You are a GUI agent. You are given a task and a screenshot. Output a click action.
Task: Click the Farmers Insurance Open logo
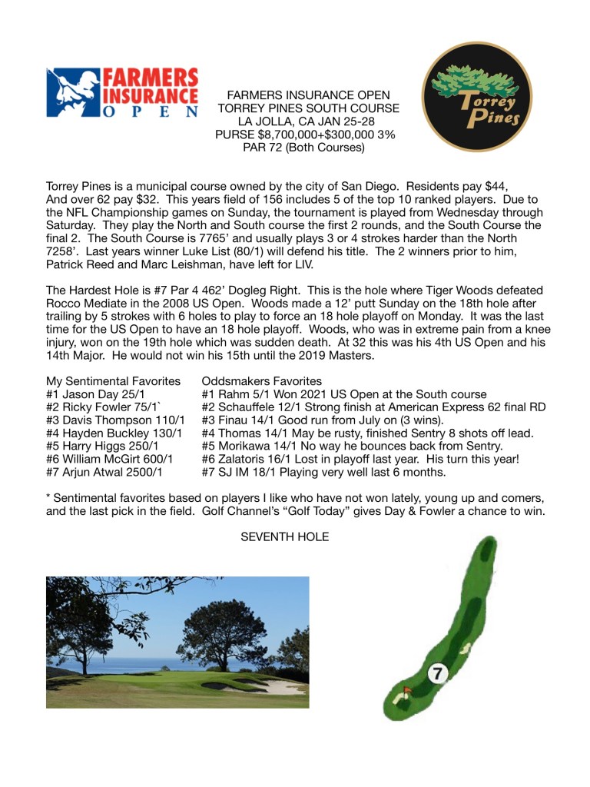tap(122, 91)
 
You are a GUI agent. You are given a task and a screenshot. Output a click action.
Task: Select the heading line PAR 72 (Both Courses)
tap(307, 148)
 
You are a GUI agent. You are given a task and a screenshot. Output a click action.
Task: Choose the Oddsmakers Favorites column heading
tap(261, 382)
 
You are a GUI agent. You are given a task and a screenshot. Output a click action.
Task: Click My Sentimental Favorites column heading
tap(113, 382)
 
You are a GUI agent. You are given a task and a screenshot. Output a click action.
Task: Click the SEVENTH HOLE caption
tap(285, 537)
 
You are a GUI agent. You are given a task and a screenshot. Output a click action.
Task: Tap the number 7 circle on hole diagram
tap(437, 675)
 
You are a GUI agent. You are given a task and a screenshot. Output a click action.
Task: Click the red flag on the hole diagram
tap(407, 691)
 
